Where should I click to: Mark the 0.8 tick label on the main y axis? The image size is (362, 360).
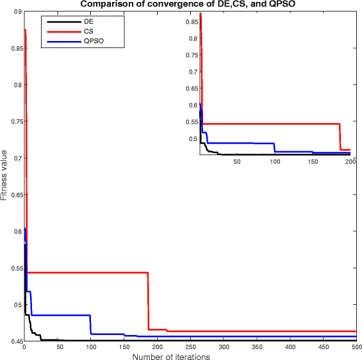click(x=16, y=85)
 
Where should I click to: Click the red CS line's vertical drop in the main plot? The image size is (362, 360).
click(x=148, y=301)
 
